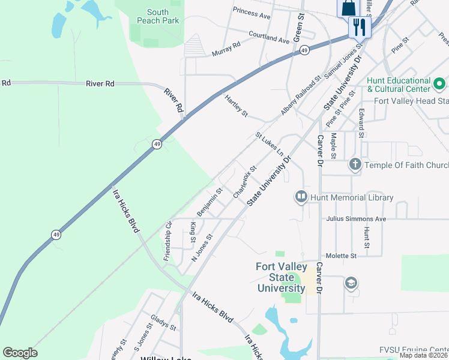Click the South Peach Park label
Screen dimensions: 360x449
(x=158, y=16)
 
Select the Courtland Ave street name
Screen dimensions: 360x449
(x=269, y=38)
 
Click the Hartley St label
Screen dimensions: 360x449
(x=236, y=104)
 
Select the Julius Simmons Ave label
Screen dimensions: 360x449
(x=356, y=219)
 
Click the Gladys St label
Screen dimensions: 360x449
(x=163, y=325)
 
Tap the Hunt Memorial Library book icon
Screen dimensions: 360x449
(x=300, y=197)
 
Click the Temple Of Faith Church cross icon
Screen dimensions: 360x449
(x=355, y=164)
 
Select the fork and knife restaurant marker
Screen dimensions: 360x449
(x=360, y=26)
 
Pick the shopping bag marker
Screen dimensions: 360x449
(x=348, y=8)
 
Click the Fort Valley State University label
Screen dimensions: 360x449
(x=282, y=277)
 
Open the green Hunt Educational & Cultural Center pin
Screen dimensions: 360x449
(x=439, y=83)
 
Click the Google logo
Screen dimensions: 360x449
(x=20, y=353)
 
